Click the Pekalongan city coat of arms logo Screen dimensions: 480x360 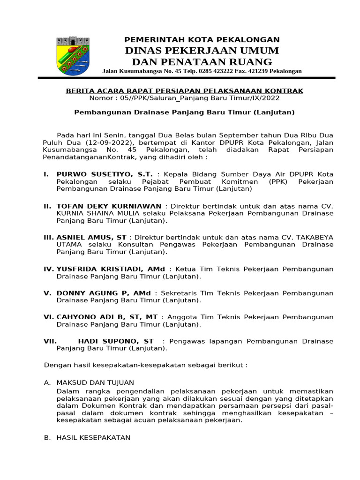pyautogui.click(x=73, y=56)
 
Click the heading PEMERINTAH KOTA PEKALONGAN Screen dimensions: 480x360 pyautogui.click(x=202, y=40)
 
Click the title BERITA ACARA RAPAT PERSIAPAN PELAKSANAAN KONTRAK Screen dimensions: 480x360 pyautogui.click(x=185, y=90)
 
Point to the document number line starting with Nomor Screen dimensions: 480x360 pyautogui.click(x=185, y=98)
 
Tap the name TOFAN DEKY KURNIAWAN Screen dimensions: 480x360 pyautogui.click(x=109, y=206)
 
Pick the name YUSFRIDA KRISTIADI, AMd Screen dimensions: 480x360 pyautogui.click(x=111, y=269)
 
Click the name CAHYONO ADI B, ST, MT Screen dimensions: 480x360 pyautogui.click(x=107, y=317)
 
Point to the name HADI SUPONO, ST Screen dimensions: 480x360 pyautogui.click(x=116, y=341)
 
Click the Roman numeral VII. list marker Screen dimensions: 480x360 pyautogui.click(x=50, y=341)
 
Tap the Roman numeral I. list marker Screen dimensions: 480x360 pyautogui.click(x=46, y=174)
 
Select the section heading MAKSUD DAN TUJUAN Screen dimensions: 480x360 pyautogui.click(x=95, y=382)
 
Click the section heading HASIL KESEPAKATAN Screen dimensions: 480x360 pyautogui.click(x=93, y=437)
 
